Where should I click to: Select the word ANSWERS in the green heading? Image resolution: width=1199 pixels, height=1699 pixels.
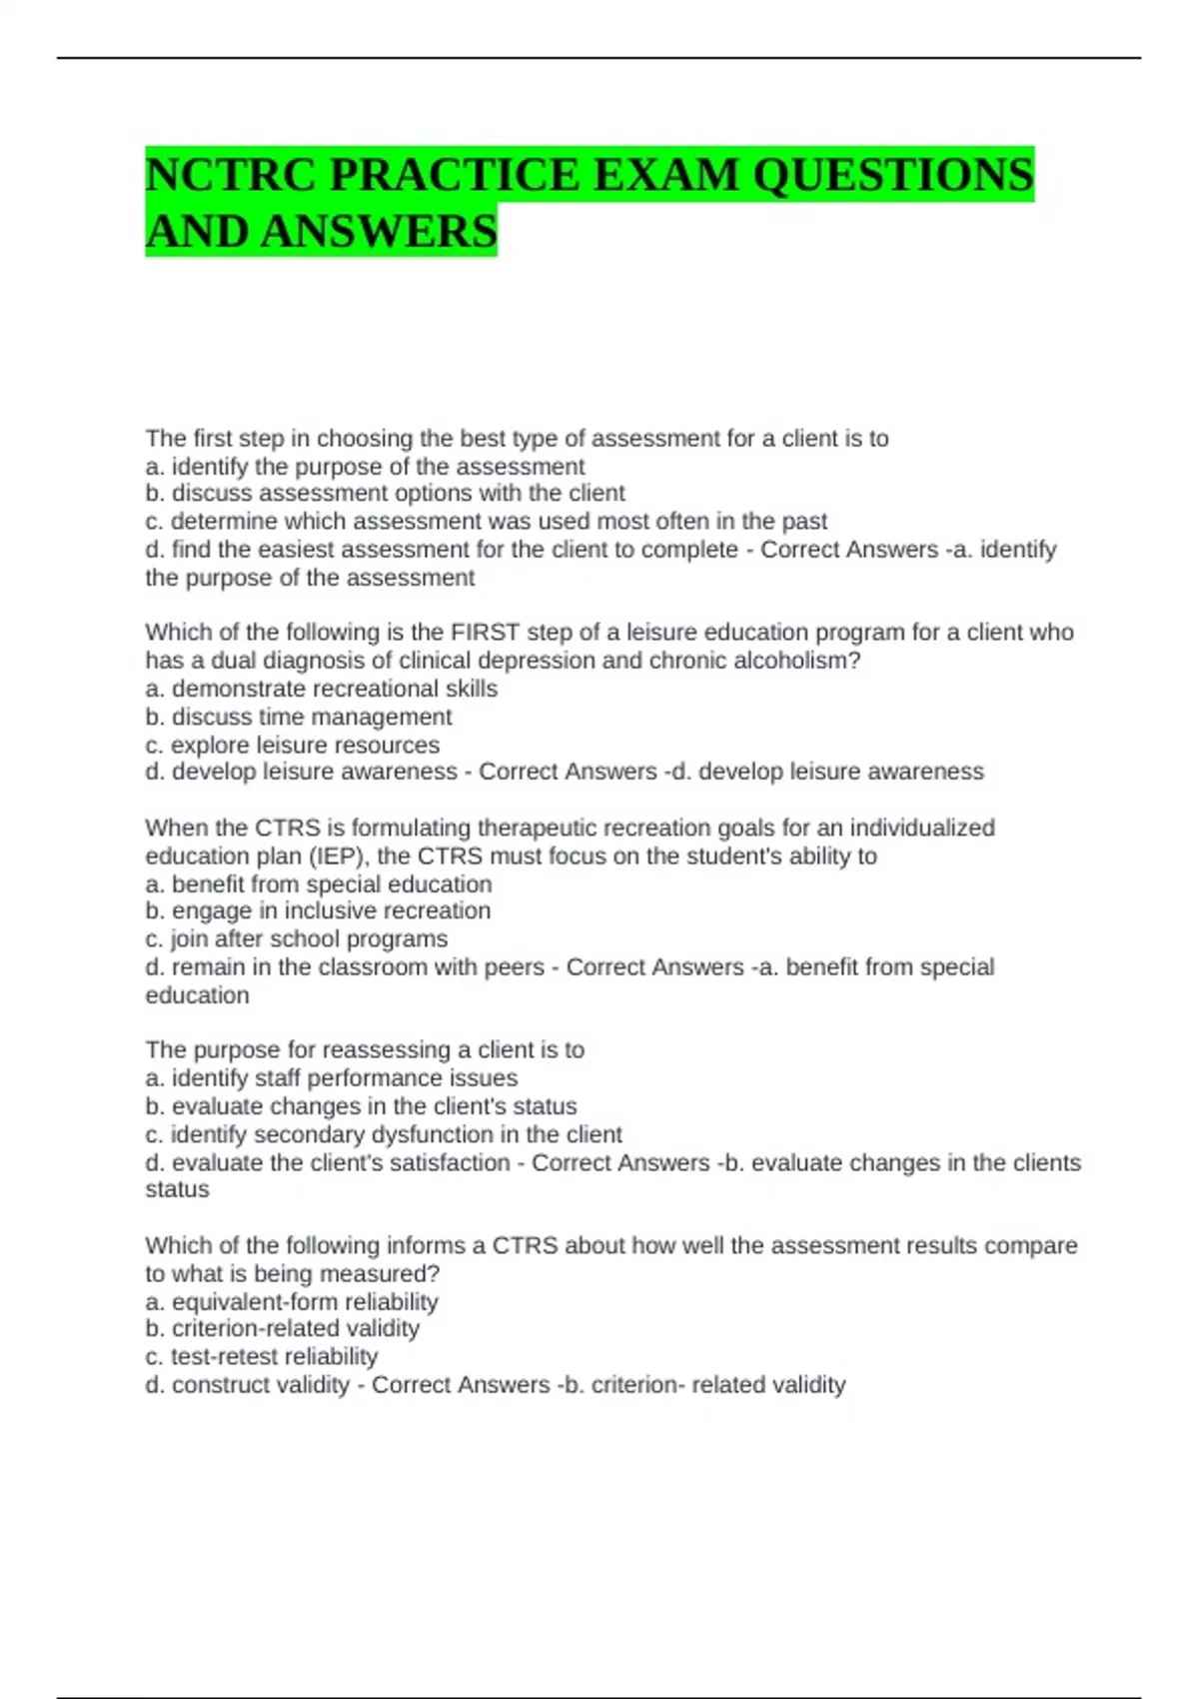(x=381, y=231)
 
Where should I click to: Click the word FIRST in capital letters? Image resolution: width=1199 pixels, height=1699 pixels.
(x=485, y=633)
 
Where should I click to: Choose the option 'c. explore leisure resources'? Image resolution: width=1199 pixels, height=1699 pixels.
(x=292, y=745)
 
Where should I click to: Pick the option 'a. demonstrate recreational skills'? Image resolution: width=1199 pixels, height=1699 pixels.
(x=321, y=689)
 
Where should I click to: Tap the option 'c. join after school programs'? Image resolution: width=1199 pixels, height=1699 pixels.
(x=297, y=939)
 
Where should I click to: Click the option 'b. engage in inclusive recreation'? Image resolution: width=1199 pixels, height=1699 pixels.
(x=318, y=911)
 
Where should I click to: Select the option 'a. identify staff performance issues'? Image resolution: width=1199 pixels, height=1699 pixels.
(x=332, y=1078)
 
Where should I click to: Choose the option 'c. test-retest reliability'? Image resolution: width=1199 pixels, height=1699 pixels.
(x=262, y=1356)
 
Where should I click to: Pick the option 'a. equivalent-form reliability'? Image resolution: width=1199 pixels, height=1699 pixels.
(x=292, y=1302)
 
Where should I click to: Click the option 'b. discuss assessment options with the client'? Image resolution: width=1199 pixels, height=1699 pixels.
(x=385, y=494)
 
